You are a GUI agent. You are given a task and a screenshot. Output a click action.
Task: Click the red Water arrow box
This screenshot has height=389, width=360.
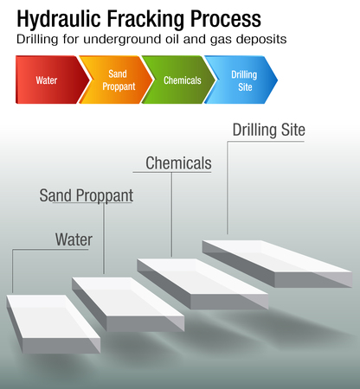[48, 80]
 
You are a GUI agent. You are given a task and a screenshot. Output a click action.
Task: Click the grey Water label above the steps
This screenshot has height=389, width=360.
[74, 238]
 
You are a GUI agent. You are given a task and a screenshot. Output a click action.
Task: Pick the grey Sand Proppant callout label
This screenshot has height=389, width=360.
[87, 195]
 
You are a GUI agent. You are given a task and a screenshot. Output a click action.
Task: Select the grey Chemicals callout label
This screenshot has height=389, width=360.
[178, 163]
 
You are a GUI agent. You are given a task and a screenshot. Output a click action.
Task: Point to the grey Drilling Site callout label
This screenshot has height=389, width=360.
[268, 131]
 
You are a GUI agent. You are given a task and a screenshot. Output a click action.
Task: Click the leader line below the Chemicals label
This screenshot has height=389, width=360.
[171, 216]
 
